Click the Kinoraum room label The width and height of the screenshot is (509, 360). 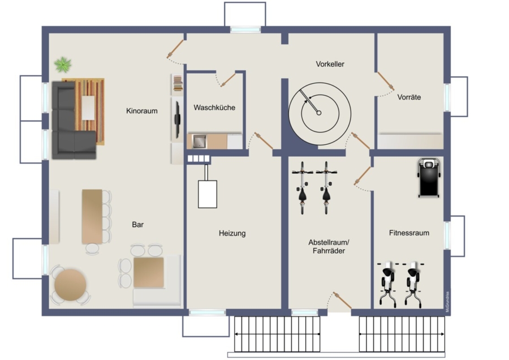142,111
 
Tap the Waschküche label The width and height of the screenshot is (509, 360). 214,108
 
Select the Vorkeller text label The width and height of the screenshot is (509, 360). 330,64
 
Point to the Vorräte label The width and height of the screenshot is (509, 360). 409,97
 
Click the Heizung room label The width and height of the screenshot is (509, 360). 232,233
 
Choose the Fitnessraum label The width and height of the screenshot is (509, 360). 409,233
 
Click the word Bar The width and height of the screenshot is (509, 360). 137,225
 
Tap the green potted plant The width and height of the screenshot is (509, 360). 63,65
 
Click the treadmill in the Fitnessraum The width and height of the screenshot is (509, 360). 429,178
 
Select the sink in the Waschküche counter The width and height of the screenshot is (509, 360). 199,142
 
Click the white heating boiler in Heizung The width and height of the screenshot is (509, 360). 208,194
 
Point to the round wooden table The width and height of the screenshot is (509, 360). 71,285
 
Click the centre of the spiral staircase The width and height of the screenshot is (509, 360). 319,113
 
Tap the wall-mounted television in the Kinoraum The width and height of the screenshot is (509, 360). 177,119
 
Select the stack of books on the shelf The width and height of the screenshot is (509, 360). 178,83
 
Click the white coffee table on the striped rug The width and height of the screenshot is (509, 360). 88,108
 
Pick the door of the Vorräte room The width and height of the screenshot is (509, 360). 386,81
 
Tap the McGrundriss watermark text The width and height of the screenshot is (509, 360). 447,302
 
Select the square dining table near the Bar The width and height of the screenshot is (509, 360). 149,272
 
